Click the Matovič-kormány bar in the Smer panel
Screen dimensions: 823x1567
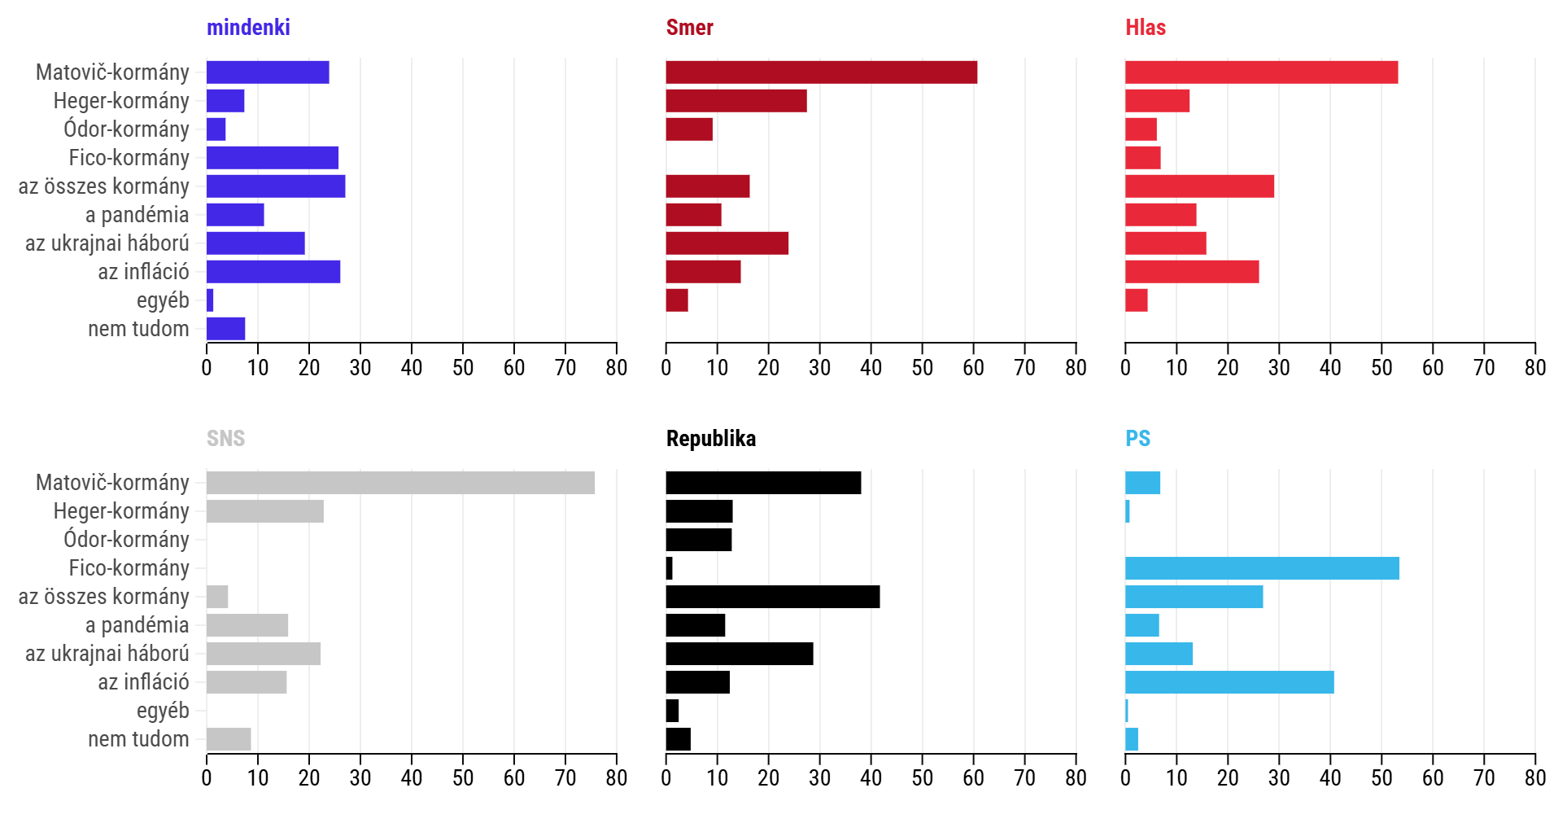point(821,72)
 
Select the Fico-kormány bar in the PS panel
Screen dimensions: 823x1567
point(1261,568)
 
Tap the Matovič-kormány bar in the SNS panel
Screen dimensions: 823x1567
point(400,483)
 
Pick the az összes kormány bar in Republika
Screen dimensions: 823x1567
point(772,597)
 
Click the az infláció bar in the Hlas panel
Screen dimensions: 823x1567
point(1191,272)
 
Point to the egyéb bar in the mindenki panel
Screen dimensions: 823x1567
point(210,300)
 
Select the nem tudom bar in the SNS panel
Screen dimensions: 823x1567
point(229,739)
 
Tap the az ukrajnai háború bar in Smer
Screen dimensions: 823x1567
point(727,243)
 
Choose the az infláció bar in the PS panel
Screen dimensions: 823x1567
point(1229,682)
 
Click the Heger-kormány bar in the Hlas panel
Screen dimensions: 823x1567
point(1157,101)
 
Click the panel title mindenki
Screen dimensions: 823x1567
point(248,28)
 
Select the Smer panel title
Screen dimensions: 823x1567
point(689,28)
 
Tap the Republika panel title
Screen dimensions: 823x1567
point(710,439)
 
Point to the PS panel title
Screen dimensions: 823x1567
point(1137,439)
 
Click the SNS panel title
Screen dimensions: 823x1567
point(225,439)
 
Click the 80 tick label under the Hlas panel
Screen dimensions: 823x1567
point(1534,368)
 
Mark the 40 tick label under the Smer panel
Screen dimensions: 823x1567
point(871,368)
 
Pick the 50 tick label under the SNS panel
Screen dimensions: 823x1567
point(462,778)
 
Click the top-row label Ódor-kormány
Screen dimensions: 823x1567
point(126,129)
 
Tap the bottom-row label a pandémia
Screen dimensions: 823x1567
point(137,625)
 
